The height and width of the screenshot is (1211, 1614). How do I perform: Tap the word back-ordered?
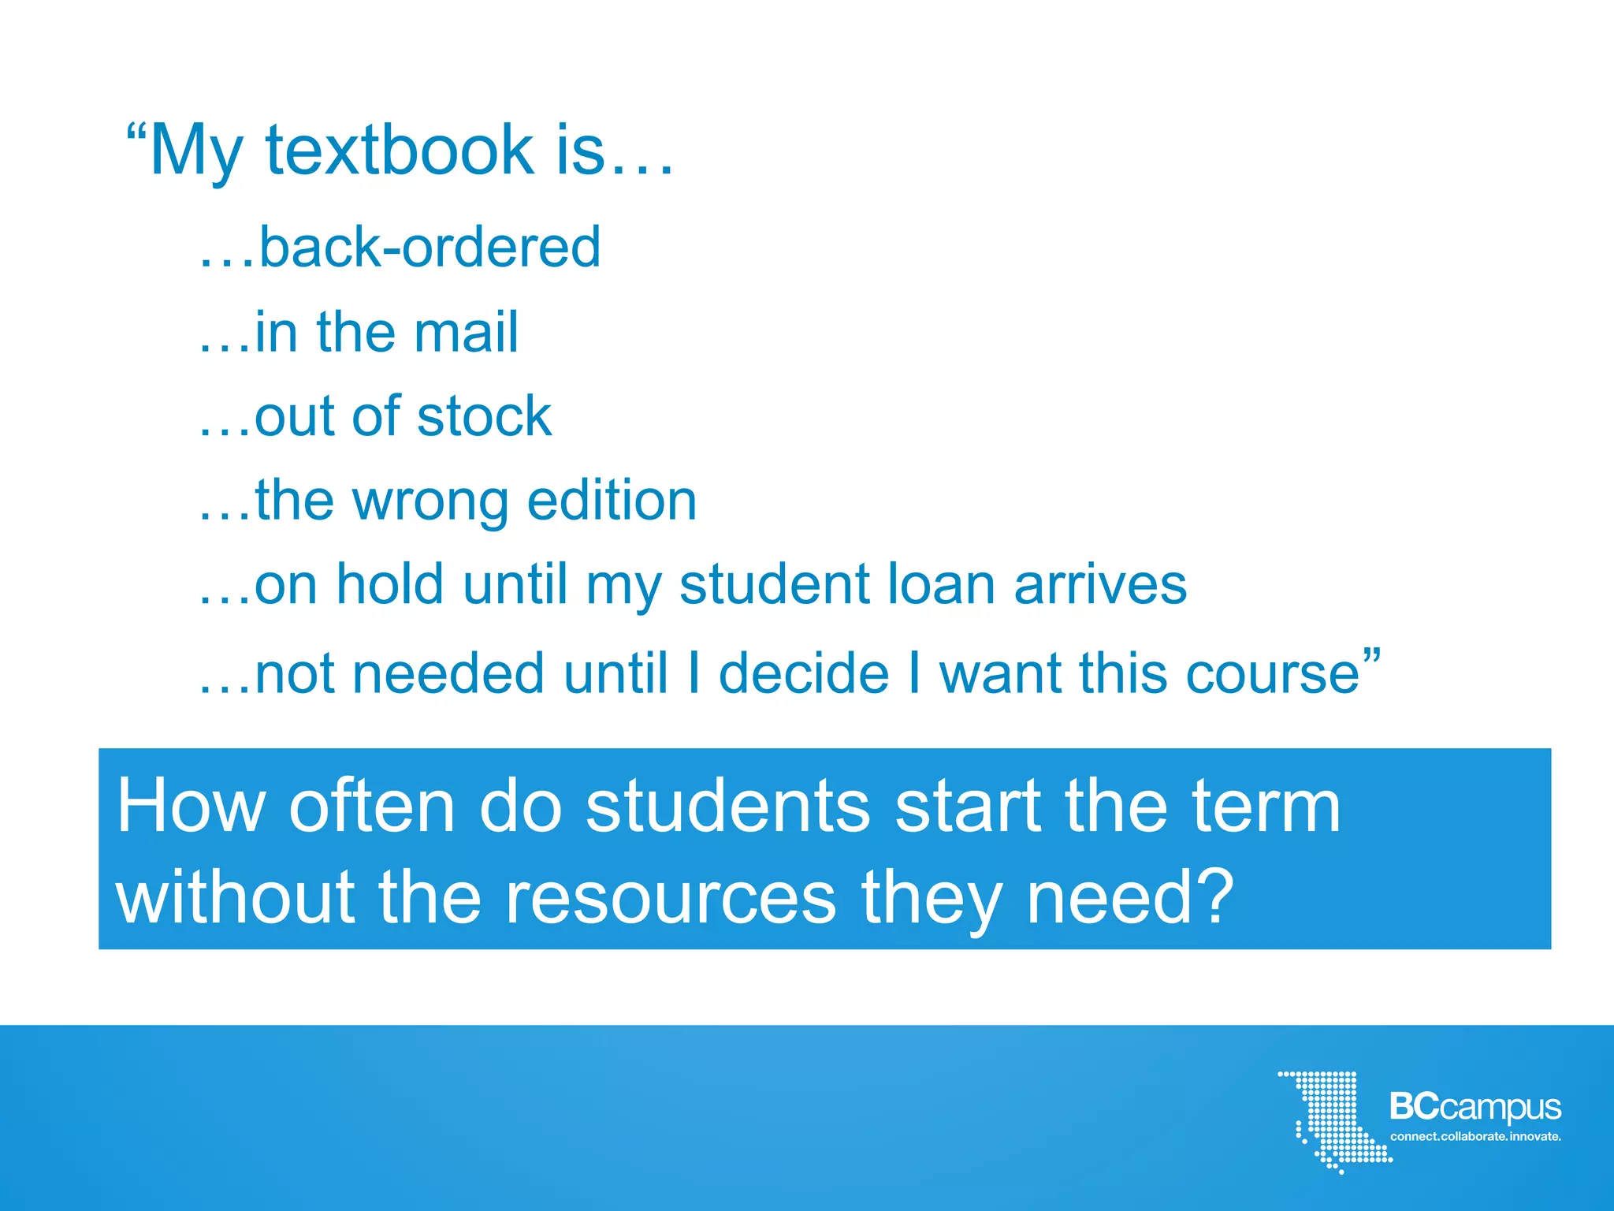coord(430,247)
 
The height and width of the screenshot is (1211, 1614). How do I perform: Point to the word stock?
coord(484,416)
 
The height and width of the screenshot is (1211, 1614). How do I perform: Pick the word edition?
coord(612,501)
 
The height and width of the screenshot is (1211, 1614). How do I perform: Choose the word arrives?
coord(1100,585)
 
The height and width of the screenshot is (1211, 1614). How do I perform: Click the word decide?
coord(804,673)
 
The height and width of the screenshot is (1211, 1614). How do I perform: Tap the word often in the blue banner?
coord(372,807)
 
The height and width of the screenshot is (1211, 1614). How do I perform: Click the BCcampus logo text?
coord(1475,1108)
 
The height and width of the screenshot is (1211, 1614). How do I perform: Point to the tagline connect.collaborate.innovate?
coord(1475,1136)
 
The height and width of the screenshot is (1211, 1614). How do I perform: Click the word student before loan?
coord(775,585)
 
